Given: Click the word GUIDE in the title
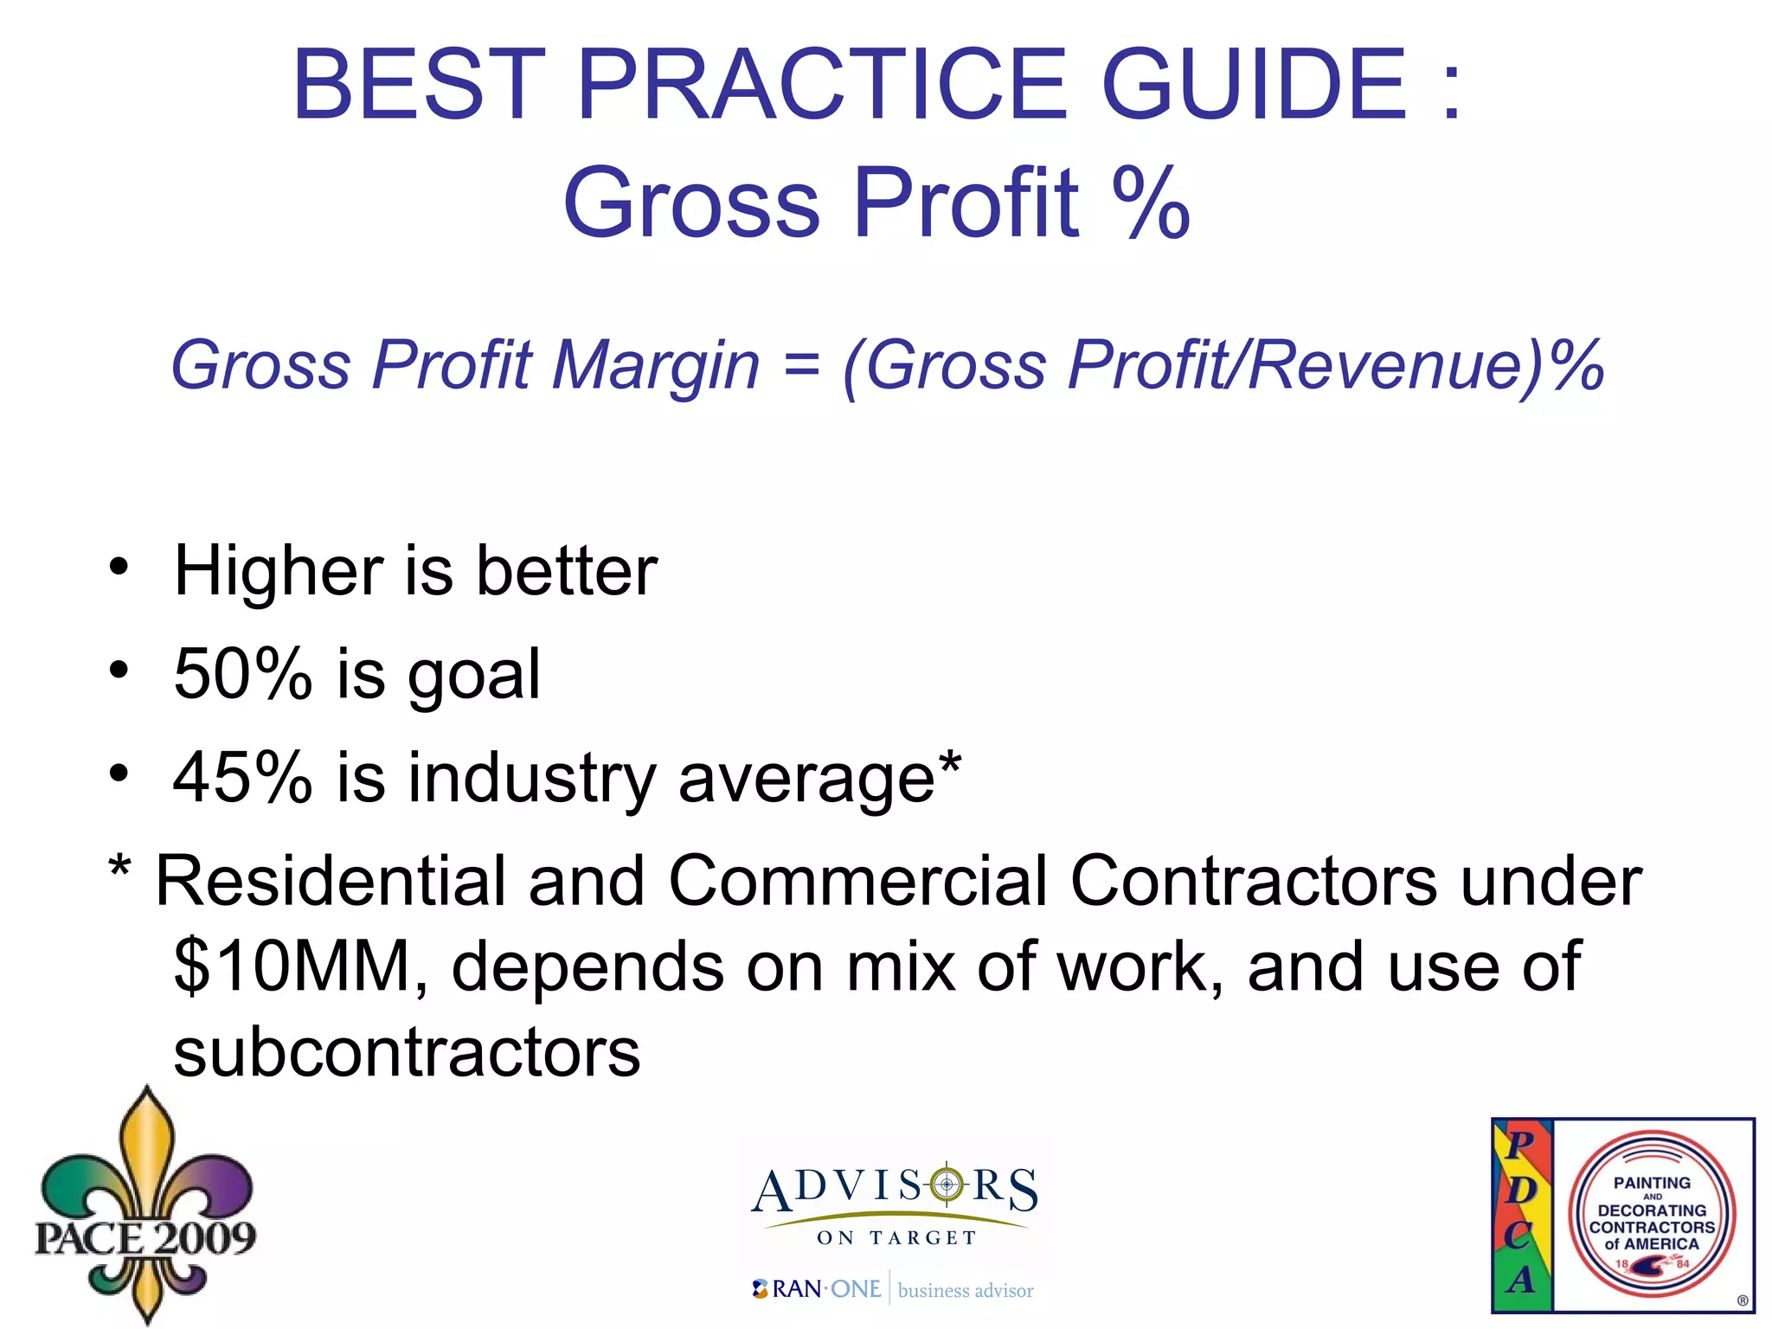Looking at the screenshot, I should coord(1254,84).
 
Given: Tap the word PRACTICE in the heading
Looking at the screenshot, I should coord(823,84).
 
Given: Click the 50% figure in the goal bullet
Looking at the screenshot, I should coord(242,674).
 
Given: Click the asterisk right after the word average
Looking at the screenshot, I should coord(949,762).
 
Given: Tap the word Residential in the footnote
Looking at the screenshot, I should coord(329,882).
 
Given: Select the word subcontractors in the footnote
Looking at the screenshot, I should coord(407,1053).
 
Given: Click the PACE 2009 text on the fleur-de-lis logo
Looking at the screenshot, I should coord(144,1237).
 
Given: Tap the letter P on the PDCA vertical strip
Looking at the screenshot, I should coord(1520,1145).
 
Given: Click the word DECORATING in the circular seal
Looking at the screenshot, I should coord(1652,1210).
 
